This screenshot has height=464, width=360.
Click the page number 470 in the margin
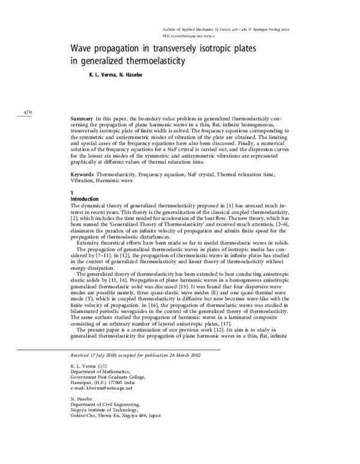click(x=27, y=112)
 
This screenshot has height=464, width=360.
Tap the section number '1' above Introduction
click(x=72, y=192)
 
